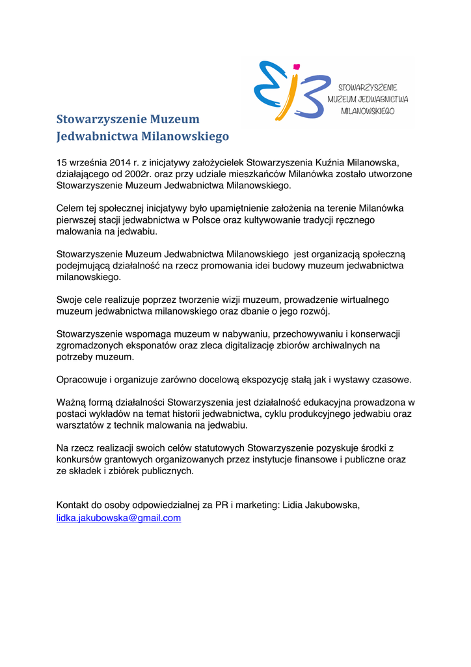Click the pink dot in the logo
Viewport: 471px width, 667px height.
point(297,66)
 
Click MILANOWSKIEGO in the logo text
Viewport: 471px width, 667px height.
point(368,111)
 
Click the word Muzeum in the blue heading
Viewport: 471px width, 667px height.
point(174,119)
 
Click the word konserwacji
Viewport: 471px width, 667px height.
point(370,334)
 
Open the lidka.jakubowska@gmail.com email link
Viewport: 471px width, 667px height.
point(118,518)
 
